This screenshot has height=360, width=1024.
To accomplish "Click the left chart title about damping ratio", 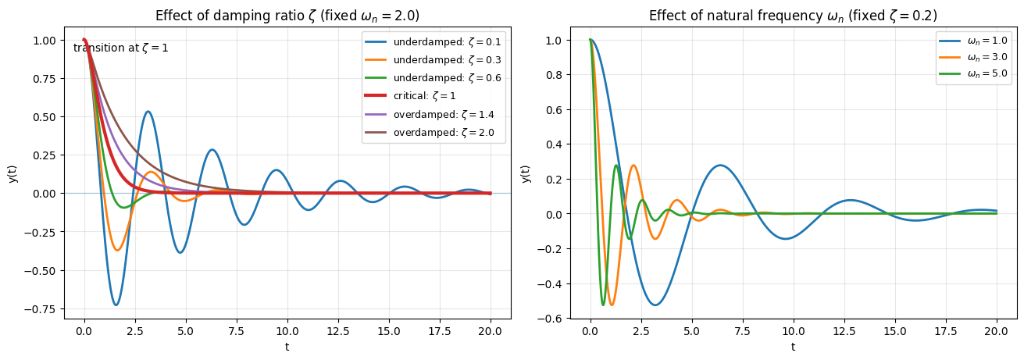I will coord(287,16).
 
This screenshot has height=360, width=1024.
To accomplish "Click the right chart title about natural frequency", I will coord(793,16).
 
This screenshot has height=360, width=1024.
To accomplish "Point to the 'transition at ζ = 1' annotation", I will coord(121,48).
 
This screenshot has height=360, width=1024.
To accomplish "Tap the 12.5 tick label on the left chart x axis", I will coord(338,331).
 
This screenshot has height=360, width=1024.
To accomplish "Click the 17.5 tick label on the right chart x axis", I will coord(945,331).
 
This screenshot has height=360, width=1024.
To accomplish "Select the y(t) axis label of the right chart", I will coord(526,173).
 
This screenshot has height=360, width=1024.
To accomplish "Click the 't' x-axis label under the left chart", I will coord(287,347).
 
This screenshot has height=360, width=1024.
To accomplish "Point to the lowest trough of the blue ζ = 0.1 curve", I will coord(116,305).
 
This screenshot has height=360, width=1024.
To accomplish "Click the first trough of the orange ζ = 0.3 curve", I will coord(117,250).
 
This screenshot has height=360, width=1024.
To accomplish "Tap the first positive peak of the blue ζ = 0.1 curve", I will coord(148,112).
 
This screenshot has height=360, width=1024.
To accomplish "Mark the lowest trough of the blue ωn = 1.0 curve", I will coord(655,305).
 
